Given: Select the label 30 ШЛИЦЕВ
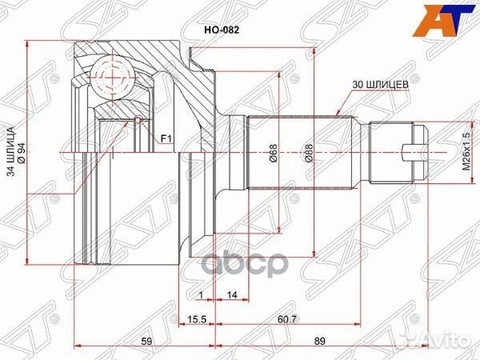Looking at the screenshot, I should tap(381, 83).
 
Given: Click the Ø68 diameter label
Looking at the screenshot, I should tap(273, 152).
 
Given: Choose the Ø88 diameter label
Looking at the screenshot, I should tap(307, 152).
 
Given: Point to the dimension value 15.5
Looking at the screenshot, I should tap(197, 320).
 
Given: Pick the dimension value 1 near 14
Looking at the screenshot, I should tap(199, 294).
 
